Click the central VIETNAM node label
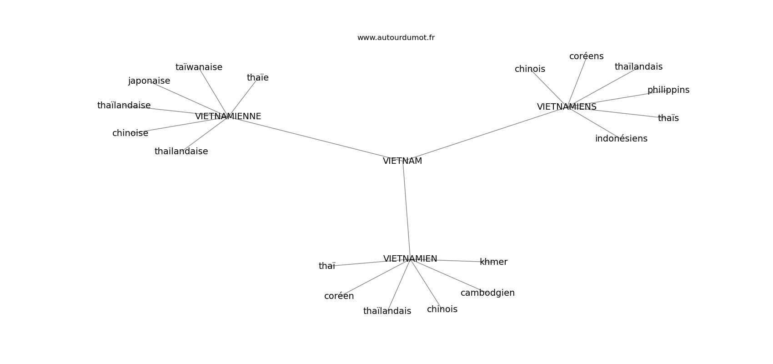(402, 161)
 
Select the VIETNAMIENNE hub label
(228, 116)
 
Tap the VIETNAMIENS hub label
(567, 107)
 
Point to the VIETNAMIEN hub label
(410, 259)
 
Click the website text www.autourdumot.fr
(396, 38)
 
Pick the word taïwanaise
(199, 67)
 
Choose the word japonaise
(149, 81)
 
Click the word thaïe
(258, 78)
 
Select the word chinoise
(130, 133)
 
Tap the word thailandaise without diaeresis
(181, 151)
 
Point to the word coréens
(586, 56)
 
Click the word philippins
(668, 90)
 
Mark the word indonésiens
(621, 138)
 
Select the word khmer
(493, 262)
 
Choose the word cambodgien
(487, 293)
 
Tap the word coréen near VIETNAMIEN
(339, 296)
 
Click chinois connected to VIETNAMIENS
(530, 69)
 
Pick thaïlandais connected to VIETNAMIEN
(387, 311)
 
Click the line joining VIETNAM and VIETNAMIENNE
(315, 138)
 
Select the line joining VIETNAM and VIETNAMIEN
(407, 210)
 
